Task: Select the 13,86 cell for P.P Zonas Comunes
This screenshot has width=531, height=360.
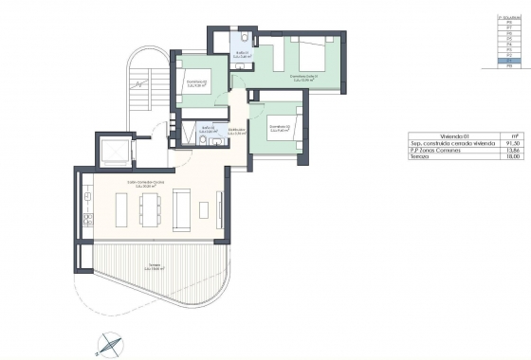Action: click(513, 149)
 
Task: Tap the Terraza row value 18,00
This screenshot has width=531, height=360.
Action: click(513, 156)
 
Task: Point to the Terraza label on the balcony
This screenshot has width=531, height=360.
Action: click(156, 268)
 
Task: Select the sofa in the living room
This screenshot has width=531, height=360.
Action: click(185, 209)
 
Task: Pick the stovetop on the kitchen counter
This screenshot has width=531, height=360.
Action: click(85, 221)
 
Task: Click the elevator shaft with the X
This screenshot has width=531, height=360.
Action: click(112, 151)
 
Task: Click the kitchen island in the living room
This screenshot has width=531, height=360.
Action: click(122, 209)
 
